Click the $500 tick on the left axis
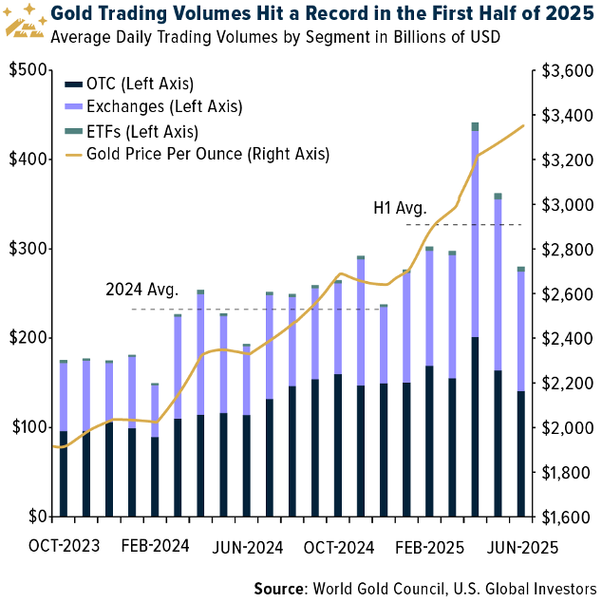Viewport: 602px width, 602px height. click(28, 70)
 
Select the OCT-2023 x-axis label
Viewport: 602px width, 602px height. click(64, 547)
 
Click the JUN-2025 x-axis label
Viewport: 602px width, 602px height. click(520, 547)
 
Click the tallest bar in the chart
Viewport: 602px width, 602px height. click(475, 323)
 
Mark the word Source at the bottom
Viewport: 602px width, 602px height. click(279, 589)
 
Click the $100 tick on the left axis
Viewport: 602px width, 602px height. click(28, 427)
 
